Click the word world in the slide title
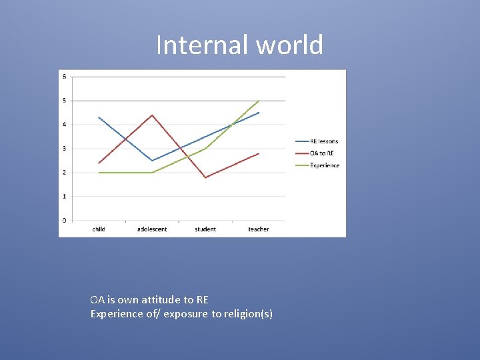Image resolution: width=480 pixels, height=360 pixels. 288,45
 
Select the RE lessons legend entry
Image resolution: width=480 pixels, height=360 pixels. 324,141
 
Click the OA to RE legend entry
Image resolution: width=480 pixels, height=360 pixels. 322,153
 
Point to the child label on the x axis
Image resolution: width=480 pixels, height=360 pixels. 99,229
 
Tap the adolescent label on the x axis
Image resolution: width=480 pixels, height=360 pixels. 152,229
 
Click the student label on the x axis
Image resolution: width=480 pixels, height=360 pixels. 205,229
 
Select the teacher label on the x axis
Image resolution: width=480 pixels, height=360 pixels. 259,229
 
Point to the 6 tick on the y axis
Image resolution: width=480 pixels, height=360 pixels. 65,77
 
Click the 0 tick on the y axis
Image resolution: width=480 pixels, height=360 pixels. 65,221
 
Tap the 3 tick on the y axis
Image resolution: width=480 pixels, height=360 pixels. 65,149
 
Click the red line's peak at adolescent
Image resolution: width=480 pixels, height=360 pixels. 152,115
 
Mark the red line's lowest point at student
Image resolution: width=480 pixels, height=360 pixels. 205,177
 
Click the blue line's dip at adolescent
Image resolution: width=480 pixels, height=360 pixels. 152,161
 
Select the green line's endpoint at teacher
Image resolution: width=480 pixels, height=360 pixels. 259,101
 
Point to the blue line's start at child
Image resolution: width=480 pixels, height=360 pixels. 99,117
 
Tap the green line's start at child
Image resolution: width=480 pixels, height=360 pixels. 99,173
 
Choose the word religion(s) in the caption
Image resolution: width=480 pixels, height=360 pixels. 248,314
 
